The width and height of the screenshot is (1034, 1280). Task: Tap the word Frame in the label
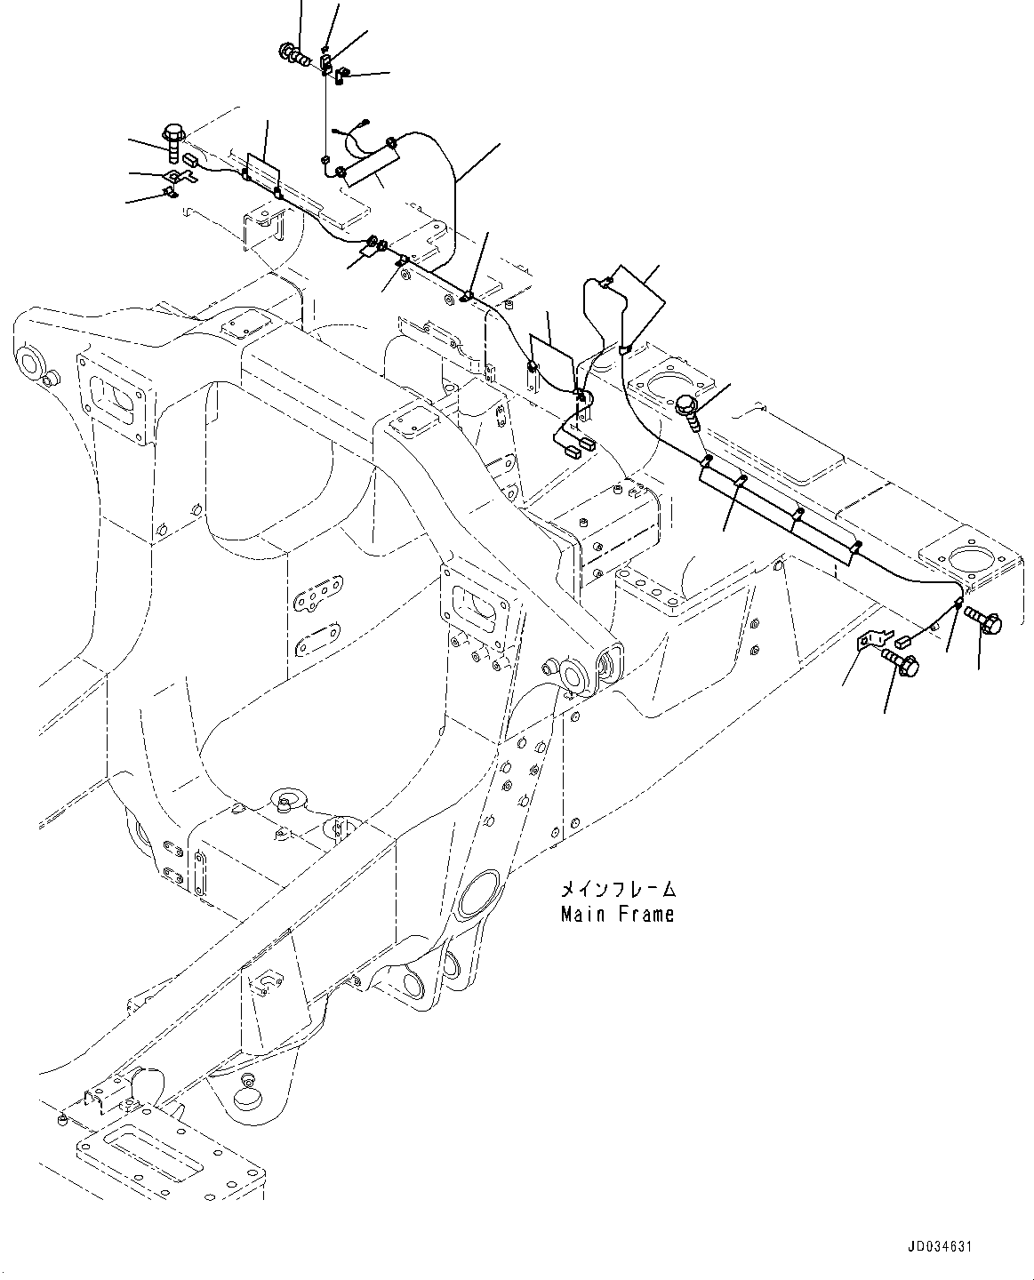pyautogui.click(x=642, y=914)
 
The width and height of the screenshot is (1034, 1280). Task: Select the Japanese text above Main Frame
pyautogui.click(x=617, y=890)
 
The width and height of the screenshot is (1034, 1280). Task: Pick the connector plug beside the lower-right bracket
pyautogui.click(x=904, y=638)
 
